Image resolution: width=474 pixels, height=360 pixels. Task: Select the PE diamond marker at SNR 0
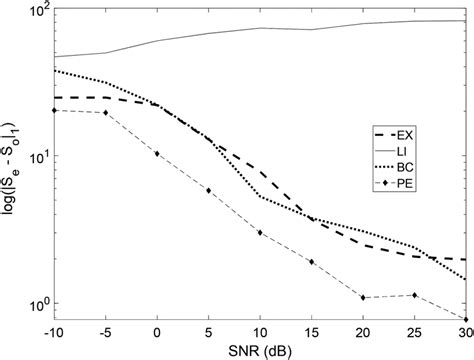click(157, 154)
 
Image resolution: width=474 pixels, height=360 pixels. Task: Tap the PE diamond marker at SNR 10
click(260, 233)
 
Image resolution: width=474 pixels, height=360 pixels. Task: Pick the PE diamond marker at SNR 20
click(363, 298)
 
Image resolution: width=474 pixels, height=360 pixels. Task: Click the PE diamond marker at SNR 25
click(414, 295)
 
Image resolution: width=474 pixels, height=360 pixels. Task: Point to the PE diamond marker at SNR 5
click(208, 190)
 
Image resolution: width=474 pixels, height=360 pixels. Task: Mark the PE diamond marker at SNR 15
click(312, 262)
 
